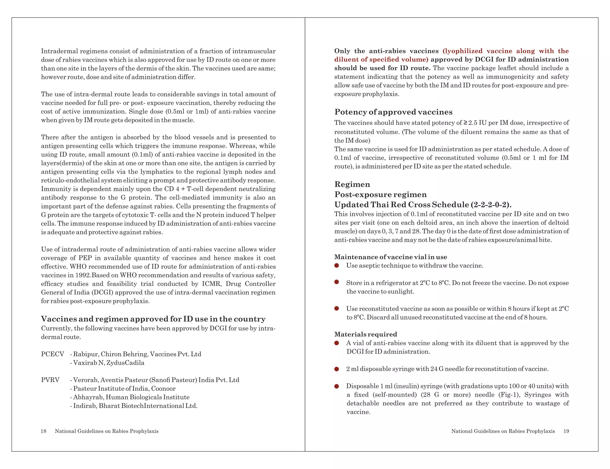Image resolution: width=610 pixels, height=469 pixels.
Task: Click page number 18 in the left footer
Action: tap(43, 431)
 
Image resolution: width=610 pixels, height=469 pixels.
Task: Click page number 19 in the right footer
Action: tap(566, 431)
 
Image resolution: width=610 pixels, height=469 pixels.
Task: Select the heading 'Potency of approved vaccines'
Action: tap(393, 112)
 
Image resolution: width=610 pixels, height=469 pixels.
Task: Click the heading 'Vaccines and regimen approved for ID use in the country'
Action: tap(153, 319)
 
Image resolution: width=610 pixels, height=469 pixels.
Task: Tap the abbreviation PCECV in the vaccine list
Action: tap(52, 354)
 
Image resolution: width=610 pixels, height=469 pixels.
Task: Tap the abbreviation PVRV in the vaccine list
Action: tap(50, 380)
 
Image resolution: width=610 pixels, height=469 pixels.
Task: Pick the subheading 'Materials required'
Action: tap(365, 334)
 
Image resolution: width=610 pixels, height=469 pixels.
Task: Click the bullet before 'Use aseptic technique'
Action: tap(337, 265)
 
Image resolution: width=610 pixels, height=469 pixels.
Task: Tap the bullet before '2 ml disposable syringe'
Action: tap(337, 369)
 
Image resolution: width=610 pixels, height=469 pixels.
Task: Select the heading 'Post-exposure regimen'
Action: tap(380, 194)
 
